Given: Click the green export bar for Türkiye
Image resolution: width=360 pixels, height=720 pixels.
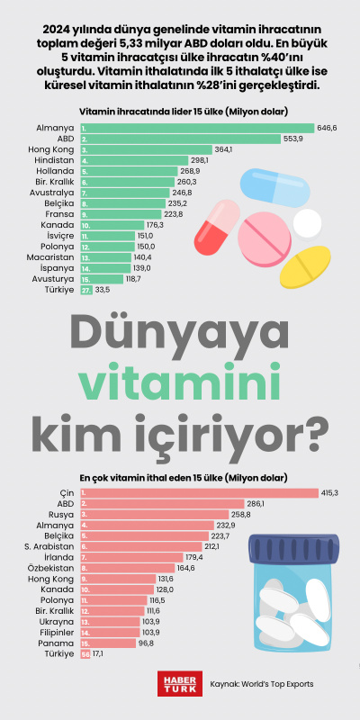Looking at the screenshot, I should pos(86,290).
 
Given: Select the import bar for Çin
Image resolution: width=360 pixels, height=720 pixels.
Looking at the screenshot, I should pos(199,492).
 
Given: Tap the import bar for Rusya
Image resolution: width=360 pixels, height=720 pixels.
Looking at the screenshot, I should pos(152,514).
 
